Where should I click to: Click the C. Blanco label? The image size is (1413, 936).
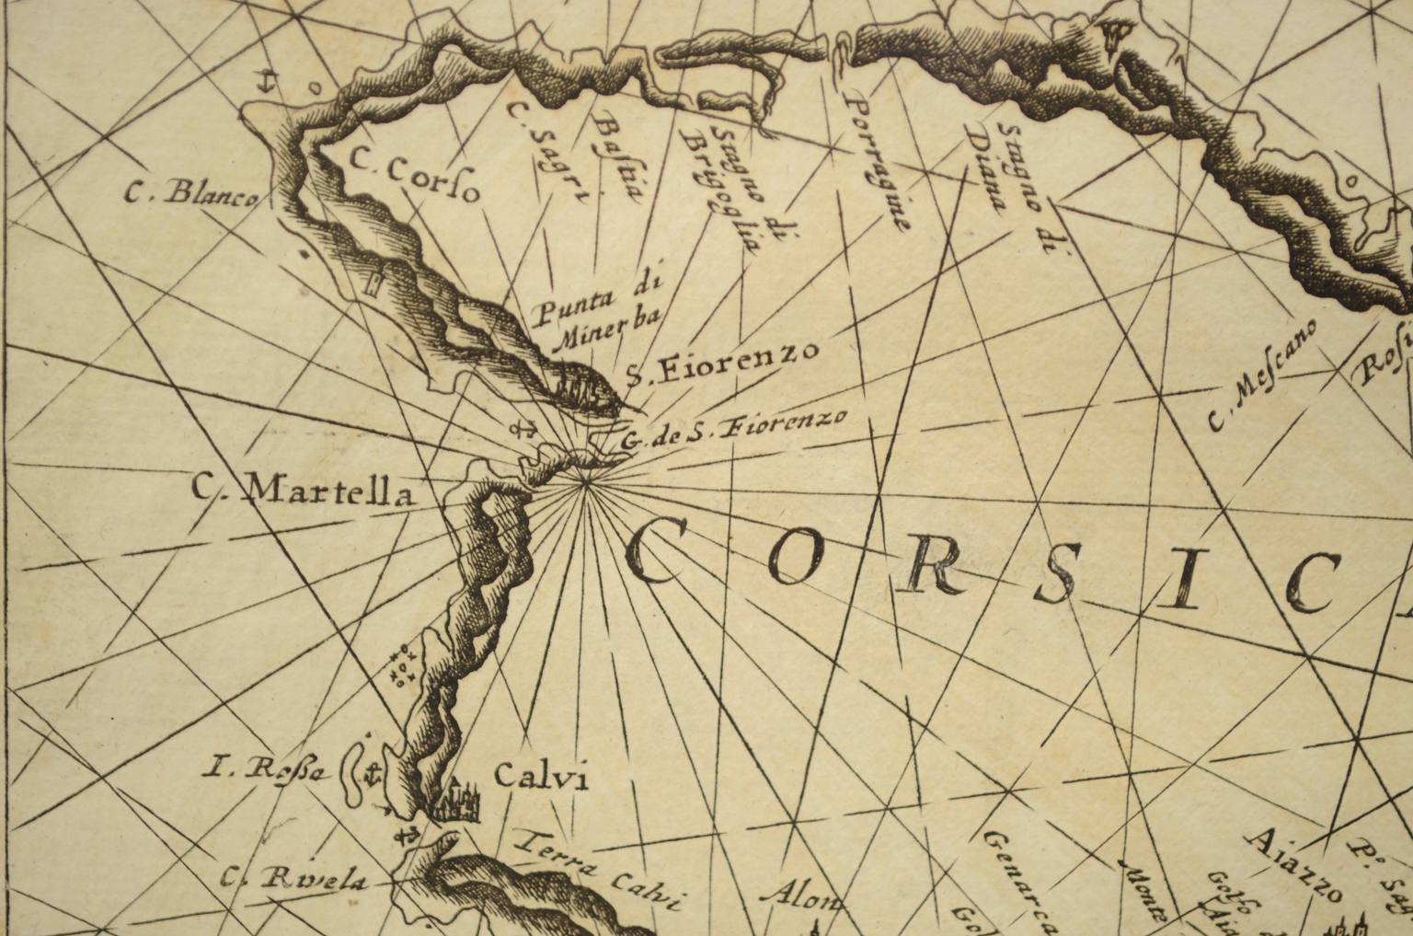(x=191, y=193)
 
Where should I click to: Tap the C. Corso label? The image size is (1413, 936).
(x=414, y=175)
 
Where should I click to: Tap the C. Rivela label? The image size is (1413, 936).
(x=293, y=879)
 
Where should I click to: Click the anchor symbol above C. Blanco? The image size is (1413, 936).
(x=266, y=82)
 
